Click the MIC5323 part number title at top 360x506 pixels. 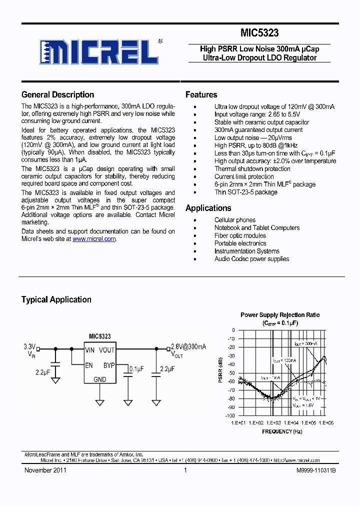click(259, 33)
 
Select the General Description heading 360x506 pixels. click(57, 94)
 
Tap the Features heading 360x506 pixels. click(201, 94)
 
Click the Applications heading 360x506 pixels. click(208, 208)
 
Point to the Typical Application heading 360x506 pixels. click(56, 299)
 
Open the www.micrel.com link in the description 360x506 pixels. click(94, 239)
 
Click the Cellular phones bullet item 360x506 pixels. click(234, 220)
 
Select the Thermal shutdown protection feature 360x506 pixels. click(252, 169)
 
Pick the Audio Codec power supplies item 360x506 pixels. click(251, 259)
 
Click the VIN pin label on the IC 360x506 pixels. click(90, 350)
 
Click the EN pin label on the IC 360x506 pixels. click(88, 365)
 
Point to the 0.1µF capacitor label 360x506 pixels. click(136, 368)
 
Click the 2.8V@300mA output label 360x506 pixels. click(188, 346)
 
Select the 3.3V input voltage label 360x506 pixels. click(30, 346)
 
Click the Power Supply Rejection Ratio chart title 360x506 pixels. click(280, 315)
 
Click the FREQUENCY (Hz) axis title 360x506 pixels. click(282, 431)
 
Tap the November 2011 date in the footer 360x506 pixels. click(45, 470)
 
